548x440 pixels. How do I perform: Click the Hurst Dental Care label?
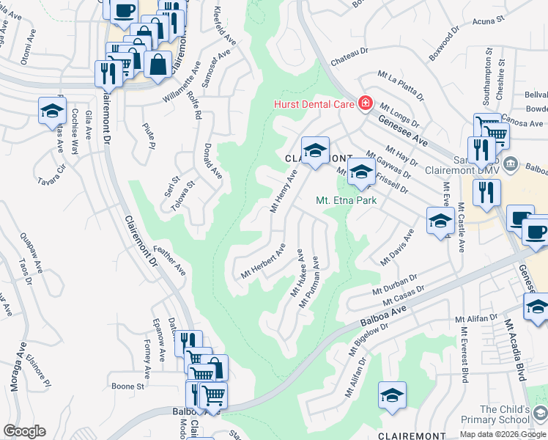(314, 104)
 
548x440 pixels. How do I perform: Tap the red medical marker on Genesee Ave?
(364, 103)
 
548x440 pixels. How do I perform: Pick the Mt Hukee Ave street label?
(297, 273)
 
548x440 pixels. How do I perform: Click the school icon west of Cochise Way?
(52, 111)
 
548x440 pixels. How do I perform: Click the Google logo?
(24, 431)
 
